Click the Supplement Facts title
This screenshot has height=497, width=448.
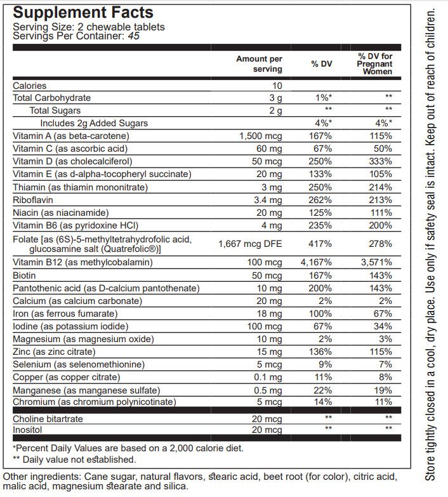click(83, 12)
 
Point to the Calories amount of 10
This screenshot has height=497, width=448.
click(277, 86)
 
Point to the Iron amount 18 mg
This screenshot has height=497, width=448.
click(270, 314)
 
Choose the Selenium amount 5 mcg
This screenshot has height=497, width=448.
click(270, 364)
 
